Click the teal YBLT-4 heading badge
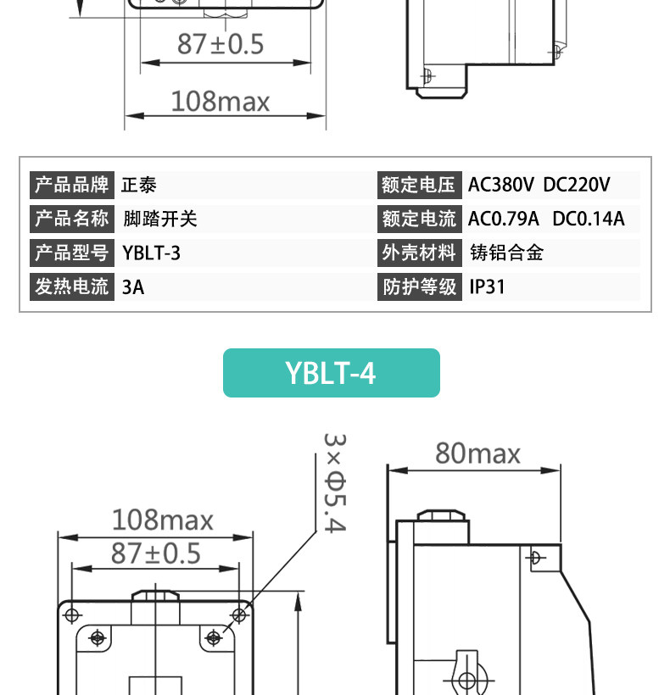coord(332,373)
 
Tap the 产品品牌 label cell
coord(72,185)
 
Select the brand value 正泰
coord(139,185)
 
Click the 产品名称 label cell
coord(72,219)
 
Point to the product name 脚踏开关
coord(160,219)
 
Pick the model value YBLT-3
coord(151,253)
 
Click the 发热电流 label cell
coord(72,286)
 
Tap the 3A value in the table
coord(133,287)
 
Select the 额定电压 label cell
coord(420,185)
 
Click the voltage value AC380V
coord(501,185)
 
